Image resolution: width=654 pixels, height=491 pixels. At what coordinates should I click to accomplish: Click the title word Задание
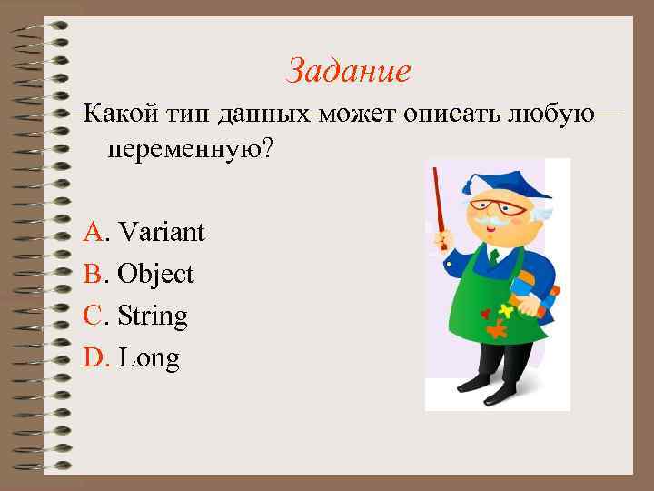click(x=349, y=71)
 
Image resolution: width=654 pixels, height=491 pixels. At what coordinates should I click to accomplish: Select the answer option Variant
click(x=161, y=233)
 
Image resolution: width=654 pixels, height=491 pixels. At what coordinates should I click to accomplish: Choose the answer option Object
click(x=155, y=275)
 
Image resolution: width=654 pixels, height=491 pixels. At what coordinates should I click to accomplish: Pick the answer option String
click(x=153, y=316)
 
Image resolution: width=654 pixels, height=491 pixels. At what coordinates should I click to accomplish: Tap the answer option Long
click(x=149, y=358)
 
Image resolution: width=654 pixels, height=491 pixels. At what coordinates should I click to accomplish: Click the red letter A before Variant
click(x=93, y=233)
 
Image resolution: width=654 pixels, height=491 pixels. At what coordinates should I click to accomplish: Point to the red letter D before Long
click(x=94, y=358)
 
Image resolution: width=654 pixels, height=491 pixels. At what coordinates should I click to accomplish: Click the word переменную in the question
click(x=181, y=149)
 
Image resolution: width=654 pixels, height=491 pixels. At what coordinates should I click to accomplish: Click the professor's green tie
click(x=493, y=257)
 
